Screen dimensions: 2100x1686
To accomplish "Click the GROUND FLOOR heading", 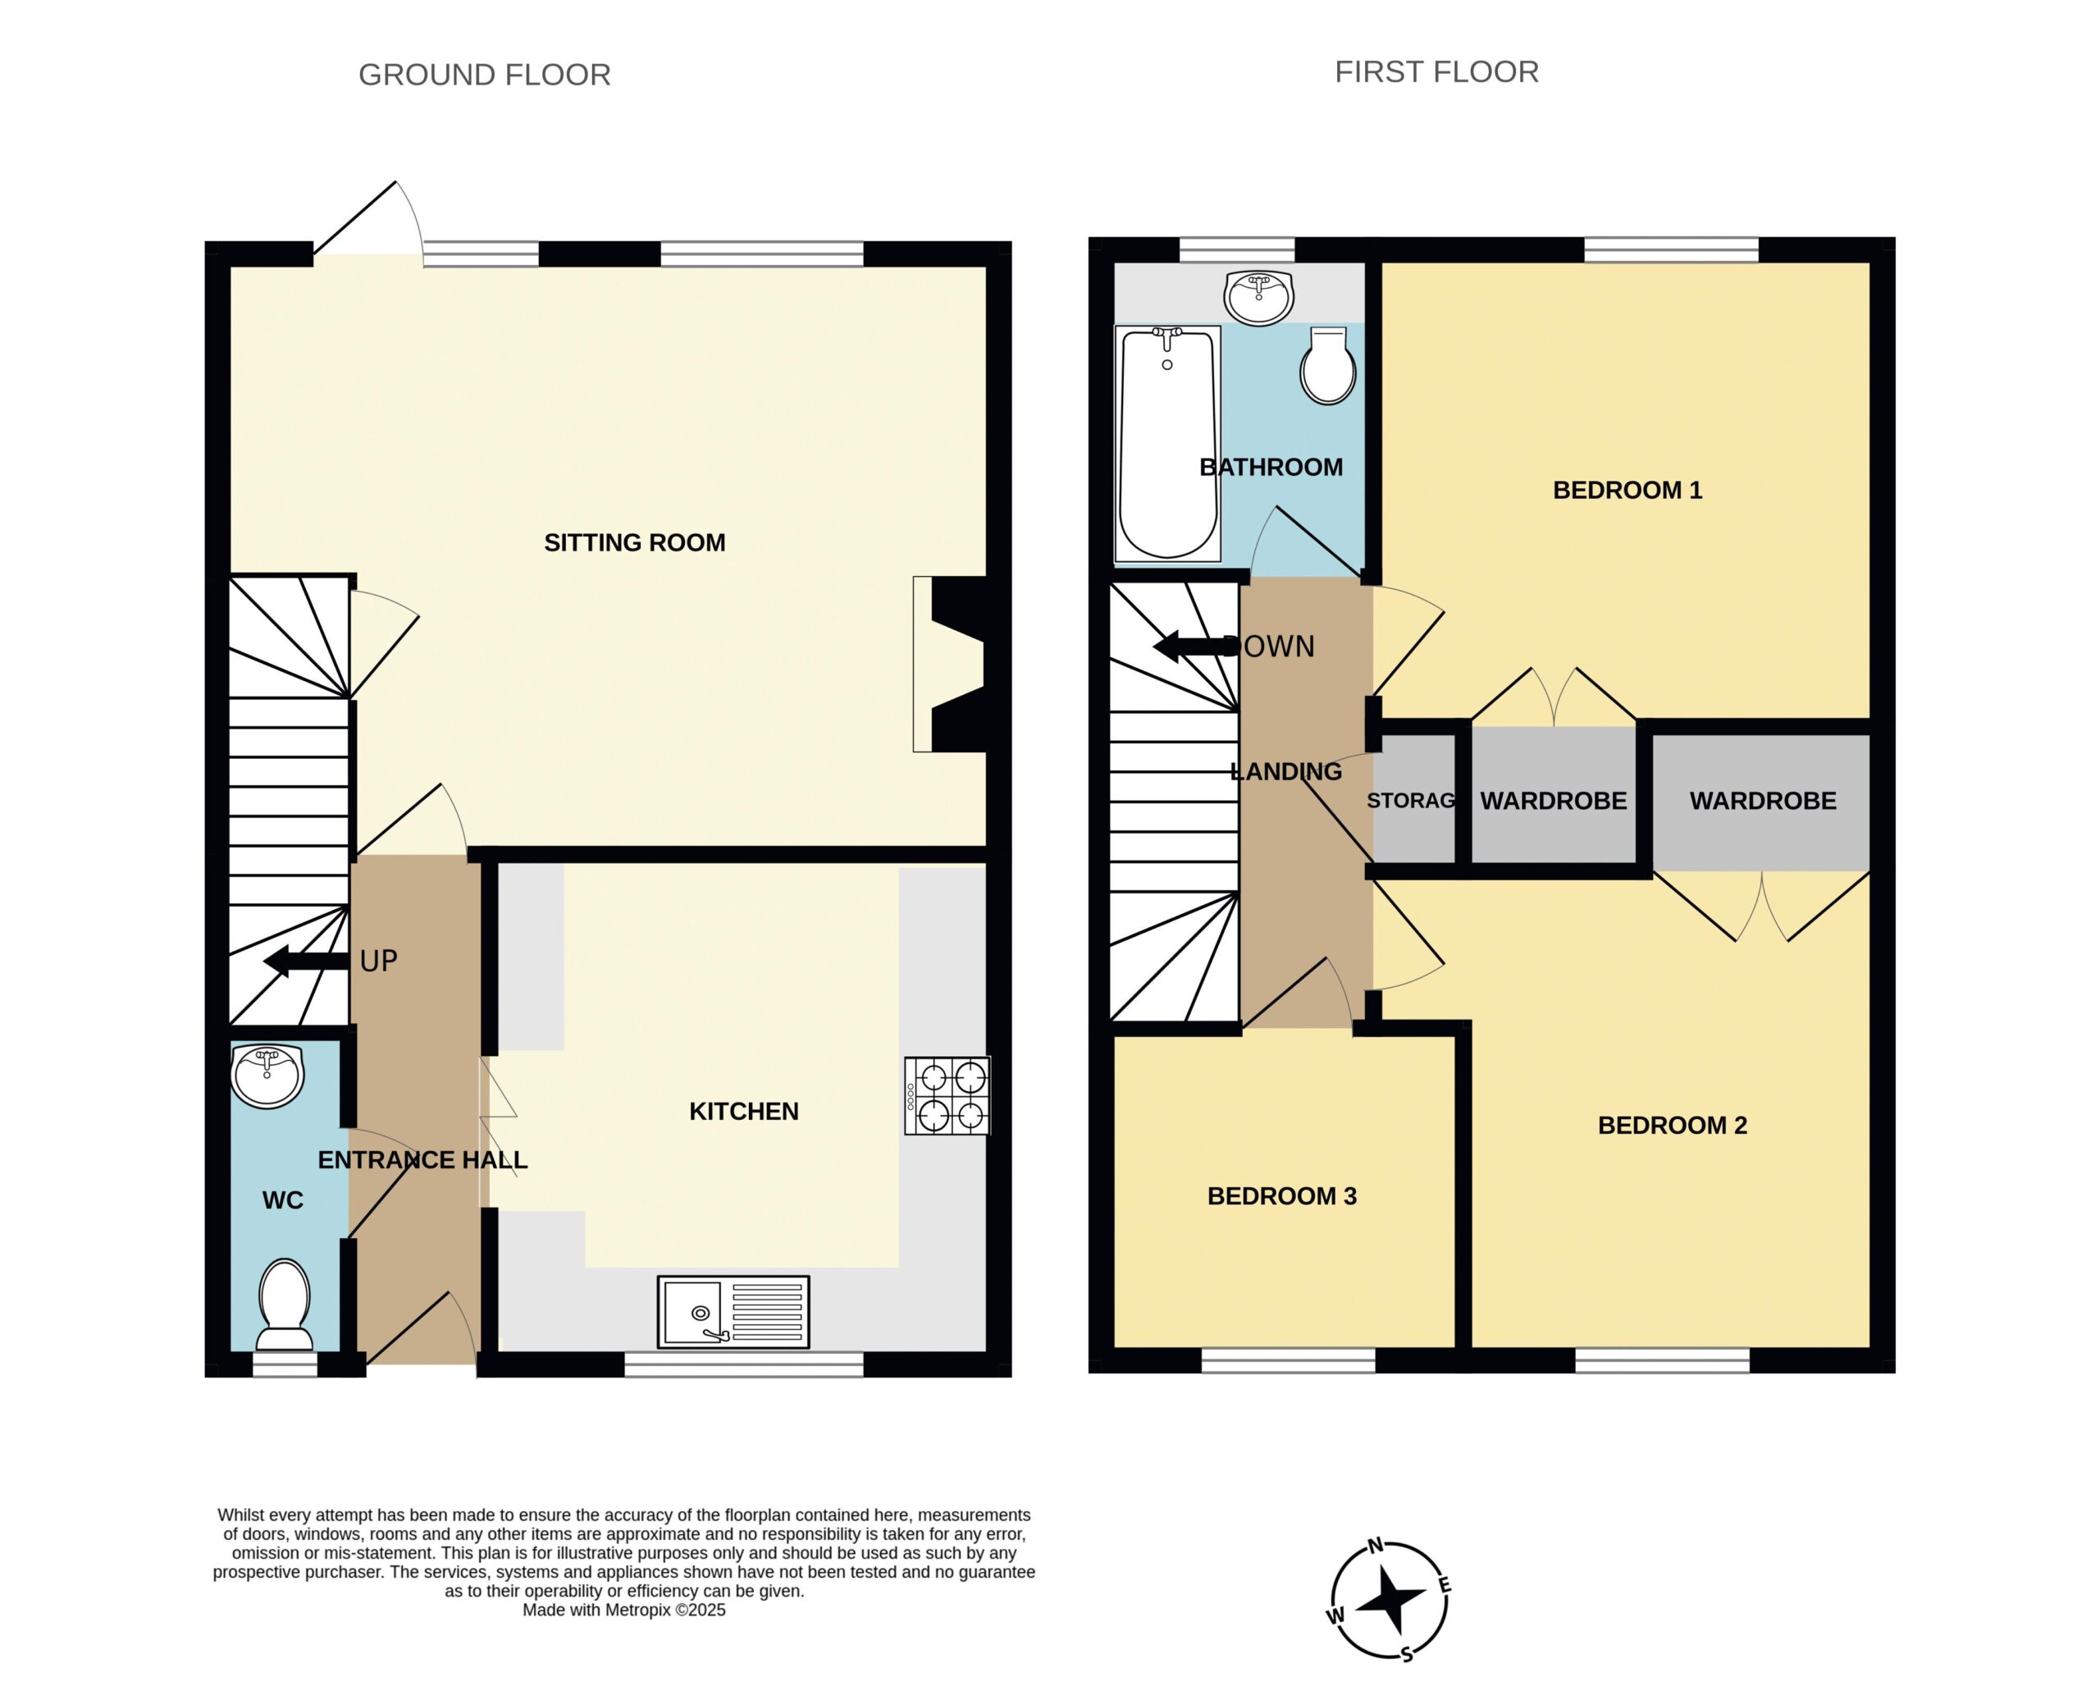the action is (484, 75).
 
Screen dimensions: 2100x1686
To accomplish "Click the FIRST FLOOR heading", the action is (1436, 72).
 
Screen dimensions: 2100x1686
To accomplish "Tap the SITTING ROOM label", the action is (634, 542).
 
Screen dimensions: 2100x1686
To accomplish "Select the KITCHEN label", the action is (743, 1112).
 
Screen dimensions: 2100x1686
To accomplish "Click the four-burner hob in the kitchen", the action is (947, 1096).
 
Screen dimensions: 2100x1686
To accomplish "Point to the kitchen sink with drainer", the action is (733, 1312).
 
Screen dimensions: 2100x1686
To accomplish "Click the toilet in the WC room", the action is (285, 1305).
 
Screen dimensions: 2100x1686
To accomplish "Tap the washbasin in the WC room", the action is (268, 1076).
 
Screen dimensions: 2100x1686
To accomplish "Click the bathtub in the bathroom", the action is (1168, 444).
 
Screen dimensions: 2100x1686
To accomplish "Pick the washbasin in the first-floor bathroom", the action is (1259, 297).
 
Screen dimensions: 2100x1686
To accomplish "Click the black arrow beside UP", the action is (306, 961).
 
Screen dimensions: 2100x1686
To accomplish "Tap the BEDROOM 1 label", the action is (1627, 490).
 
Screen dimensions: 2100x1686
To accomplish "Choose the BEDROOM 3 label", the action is (1282, 1196).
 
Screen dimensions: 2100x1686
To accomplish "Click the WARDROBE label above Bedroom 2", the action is (1762, 801).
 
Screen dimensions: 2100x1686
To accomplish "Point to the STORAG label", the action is (1410, 801).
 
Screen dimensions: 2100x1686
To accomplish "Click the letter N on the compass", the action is (1376, 1545).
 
